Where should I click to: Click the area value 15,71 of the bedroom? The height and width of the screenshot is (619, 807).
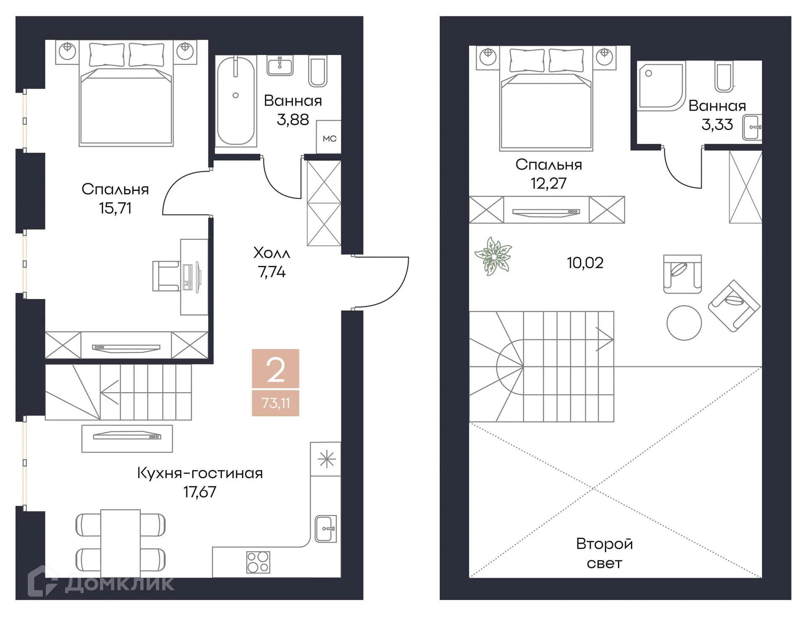[x=115, y=208]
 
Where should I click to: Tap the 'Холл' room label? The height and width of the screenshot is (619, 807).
[x=272, y=253]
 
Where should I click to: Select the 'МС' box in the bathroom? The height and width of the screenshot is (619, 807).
[x=329, y=138]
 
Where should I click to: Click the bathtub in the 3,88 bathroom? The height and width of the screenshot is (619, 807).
[x=236, y=101]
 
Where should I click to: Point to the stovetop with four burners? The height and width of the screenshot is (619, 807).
[x=258, y=562]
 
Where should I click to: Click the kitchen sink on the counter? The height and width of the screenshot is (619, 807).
[x=326, y=529]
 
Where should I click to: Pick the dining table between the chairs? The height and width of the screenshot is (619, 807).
[x=120, y=543]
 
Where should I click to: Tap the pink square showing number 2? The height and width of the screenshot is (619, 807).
[x=275, y=369]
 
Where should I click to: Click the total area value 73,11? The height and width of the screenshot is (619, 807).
[x=275, y=403]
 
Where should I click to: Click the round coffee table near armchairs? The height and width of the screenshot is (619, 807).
[x=684, y=323]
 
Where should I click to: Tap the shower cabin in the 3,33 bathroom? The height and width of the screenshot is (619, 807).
[x=660, y=86]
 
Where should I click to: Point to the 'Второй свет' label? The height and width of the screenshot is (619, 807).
[x=604, y=553]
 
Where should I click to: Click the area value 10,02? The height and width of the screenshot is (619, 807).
[x=585, y=263]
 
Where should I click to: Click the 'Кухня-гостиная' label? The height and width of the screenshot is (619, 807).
[x=200, y=473]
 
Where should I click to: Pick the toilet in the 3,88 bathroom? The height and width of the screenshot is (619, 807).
[x=318, y=72]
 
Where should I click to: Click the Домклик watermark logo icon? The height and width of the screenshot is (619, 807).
[x=42, y=581]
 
